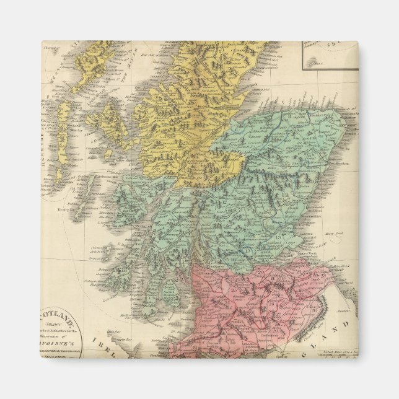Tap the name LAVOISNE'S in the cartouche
62,342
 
